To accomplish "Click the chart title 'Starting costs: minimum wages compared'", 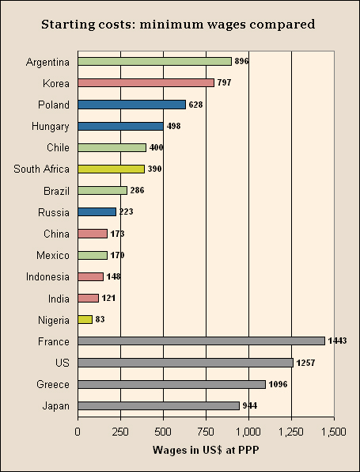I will coord(179,24).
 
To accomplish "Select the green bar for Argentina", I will coord(154,61).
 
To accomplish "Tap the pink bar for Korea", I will coord(146,82).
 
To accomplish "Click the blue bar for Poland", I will coord(131,105).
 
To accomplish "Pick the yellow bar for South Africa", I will coord(111,169).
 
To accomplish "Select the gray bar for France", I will coord(201,341).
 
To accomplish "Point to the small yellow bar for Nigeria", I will coord(85,320).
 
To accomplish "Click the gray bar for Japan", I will coord(158,405).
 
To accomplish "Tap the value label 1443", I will coord(338,341).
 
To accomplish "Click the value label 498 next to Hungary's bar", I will coord(175,126).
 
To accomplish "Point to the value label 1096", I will coord(279,384).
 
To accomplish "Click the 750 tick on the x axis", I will coord(206,432).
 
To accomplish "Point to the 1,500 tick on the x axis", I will coord(334,432).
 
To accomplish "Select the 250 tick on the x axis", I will coord(120,432).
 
